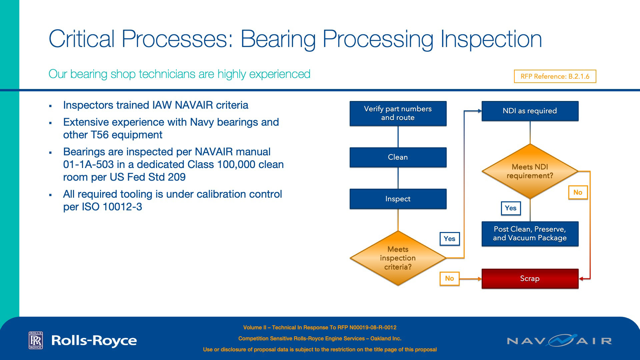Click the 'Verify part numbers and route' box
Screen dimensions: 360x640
pos(398,113)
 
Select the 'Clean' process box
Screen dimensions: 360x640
pos(398,157)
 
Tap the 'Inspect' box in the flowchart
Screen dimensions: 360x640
pos(398,199)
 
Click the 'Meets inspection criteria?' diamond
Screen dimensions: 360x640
pos(398,258)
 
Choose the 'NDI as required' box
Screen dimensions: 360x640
pos(530,111)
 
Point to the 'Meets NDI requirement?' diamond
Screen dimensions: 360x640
pos(530,171)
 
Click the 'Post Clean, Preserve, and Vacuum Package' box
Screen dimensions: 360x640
pos(530,234)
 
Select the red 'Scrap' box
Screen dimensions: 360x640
pos(530,279)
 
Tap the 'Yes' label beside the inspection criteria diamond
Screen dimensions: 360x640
pos(450,239)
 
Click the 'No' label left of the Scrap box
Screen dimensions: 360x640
pos(449,278)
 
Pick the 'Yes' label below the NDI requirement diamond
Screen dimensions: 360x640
pos(511,208)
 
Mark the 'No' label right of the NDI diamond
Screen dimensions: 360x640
pos(578,192)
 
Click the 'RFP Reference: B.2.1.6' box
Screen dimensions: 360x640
pos(555,76)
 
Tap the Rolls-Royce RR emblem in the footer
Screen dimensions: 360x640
pos(36,340)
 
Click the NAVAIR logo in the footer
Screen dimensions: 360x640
pos(559,341)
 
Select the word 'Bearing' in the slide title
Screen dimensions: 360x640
pos(278,39)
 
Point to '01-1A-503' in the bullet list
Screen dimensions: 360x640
pos(88,165)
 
